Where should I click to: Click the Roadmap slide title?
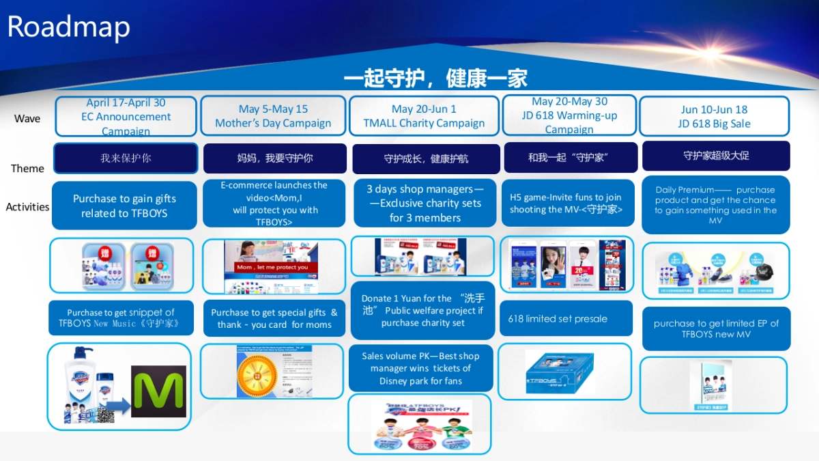tap(68, 27)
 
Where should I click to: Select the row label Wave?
tap(27, 119)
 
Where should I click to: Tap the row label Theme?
tap(27, 168)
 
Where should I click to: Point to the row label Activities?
tap(27, 206)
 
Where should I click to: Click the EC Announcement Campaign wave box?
tap(126, 117)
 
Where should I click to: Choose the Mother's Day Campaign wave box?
tap(273, 116)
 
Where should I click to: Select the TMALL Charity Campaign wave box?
tap(424, 116)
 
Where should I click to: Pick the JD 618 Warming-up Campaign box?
tap(569, 115)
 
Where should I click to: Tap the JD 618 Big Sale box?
tap(714, 116)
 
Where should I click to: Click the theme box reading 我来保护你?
tap(126, 158)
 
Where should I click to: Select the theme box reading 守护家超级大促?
tap(716, 156)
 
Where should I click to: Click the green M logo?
tap(158, 391)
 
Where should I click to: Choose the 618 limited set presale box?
tap(566, 318)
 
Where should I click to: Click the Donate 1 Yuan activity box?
tap(422, 310)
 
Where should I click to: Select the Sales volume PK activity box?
tap(420, 369)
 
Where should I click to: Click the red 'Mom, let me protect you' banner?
tap(272, 267)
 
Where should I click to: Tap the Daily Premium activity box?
tap(715, 205)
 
